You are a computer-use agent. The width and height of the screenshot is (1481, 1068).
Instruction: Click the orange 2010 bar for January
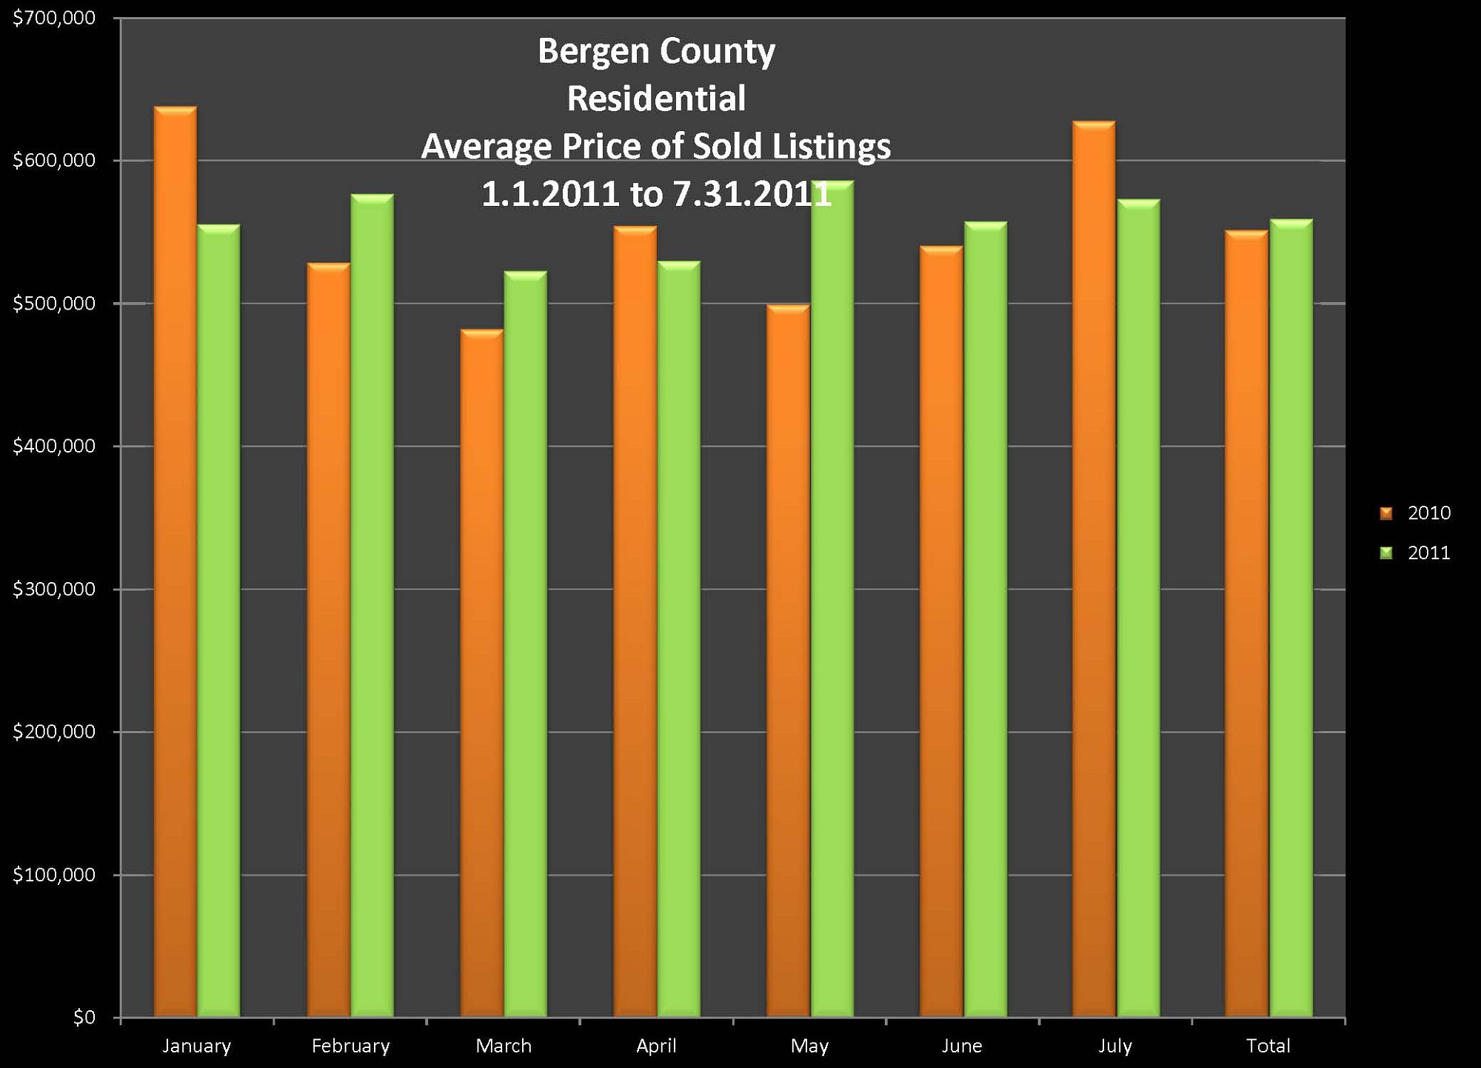point(175,563)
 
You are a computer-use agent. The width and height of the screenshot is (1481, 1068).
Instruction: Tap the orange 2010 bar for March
point(481,673)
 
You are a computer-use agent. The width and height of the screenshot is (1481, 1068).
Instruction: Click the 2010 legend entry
point(1415,513)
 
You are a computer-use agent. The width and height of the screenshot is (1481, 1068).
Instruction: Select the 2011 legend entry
point(1415,553)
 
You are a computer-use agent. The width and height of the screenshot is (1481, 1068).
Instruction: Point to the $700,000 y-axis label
point(54,18)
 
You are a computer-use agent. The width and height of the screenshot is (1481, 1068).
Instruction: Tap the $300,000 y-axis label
point(54,590)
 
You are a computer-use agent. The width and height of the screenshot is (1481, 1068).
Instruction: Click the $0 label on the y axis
point(84,1018)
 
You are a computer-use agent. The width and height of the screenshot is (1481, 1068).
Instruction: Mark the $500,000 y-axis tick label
point(54,304)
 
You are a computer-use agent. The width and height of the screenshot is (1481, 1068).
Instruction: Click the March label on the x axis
point(504,1046)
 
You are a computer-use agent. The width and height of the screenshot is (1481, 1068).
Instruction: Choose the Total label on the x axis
point(1268,1046)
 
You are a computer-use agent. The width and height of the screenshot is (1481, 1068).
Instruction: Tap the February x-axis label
point(350,1046)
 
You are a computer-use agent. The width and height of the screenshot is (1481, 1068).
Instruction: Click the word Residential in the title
point(656,99)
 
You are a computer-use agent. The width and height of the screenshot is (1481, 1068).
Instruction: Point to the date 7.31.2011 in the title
point(752,195)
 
